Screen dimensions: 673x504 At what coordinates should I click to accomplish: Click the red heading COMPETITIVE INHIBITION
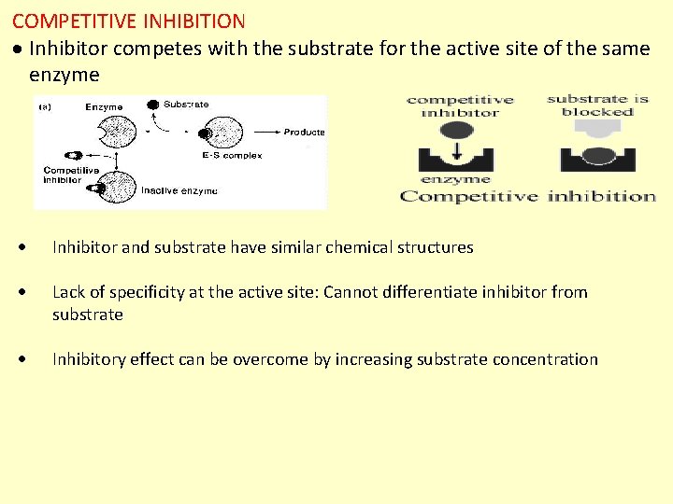point(129,21)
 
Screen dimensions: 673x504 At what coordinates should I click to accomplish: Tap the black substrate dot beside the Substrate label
point(152,105)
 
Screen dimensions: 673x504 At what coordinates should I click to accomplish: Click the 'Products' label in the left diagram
point(304,133)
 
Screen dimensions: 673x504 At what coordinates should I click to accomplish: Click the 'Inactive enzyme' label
point(179,190)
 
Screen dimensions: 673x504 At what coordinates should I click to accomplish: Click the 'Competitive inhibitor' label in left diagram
point(69,175)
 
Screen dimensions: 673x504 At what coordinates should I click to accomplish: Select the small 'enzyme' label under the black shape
point(455,179)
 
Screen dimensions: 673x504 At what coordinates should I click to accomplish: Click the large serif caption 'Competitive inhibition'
point(527,196)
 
